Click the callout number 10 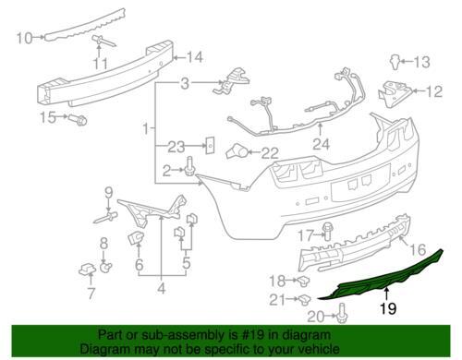coord(26,38)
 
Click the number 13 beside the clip coord(421,63)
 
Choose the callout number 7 coord(90,294)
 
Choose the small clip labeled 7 coord(89,270)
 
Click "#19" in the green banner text coord(277,335)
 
